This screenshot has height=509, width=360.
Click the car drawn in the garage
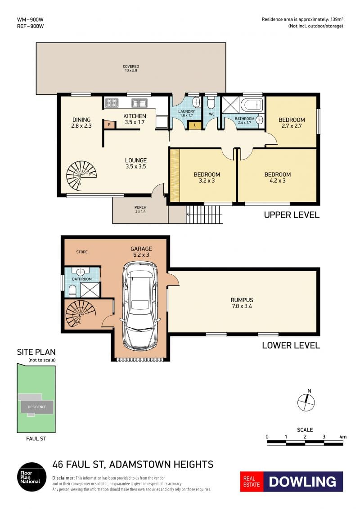tap(142, 305)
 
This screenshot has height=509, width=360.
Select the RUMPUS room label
tap(242, 300)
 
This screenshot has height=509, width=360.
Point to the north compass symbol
tap(306, 401)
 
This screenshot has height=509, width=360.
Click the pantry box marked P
tap(109, 125)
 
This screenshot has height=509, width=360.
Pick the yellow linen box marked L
tap(195, 125)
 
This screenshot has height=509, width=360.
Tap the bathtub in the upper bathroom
tap(252, 105)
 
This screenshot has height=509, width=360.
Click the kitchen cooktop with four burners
tap(112, 103)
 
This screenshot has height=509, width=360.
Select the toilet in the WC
tap(211, 103)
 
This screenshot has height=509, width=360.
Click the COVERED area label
tap(131, 67)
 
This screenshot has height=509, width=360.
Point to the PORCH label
tap(140, 207)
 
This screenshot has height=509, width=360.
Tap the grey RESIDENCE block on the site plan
tap(37, 407)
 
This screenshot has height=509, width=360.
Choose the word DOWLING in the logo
tap(302, 482)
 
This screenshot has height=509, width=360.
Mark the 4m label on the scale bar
tap(343, 437)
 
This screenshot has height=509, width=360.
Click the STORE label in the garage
tap(82, 252)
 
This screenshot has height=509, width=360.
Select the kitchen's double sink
tap(139, 103)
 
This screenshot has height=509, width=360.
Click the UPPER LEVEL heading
tap(292, 215)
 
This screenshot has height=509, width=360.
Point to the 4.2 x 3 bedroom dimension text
tap(278, 181)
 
